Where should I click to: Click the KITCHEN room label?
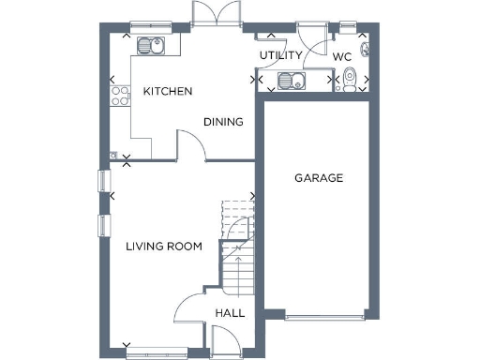(168, 92)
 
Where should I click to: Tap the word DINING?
(224, 122)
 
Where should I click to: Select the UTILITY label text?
(280, 56)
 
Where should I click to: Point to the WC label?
(342, 56)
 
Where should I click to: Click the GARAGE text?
(319, 178)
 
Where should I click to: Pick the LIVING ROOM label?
(164, 247)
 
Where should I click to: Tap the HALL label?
(230, 313)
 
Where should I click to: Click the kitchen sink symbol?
(150, 44)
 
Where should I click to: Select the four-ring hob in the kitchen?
(121, 95)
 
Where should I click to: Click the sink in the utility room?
(293, 81)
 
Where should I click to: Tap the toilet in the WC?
(349, 81)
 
